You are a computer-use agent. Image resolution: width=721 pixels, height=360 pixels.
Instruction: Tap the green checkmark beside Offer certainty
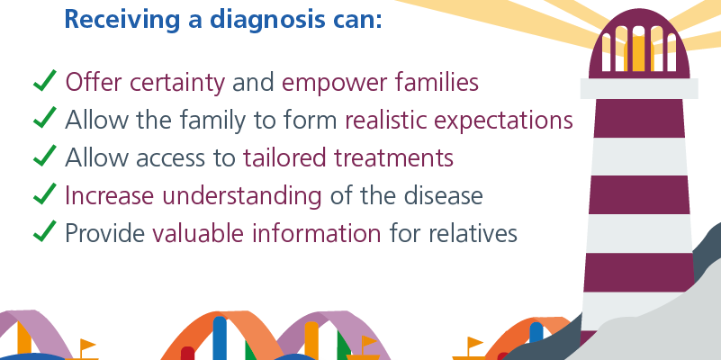tap(45, 80)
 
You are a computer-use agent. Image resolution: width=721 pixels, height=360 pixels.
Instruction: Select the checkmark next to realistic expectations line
tap(45, 118)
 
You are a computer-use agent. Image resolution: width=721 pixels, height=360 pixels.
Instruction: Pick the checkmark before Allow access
tap(45, 156)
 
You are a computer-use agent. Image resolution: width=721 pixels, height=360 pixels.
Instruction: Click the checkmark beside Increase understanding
tap(45, 193)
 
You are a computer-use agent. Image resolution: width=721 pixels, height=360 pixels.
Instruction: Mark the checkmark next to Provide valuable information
tap(45, 231)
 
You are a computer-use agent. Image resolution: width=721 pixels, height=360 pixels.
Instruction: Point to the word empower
tap(335, 84)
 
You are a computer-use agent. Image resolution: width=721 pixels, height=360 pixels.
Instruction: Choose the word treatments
tap(393, 158)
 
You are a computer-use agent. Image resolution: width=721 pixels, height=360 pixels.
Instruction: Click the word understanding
tap(242, 196)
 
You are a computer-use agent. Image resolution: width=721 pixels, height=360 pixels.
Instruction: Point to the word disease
tap(443, 196)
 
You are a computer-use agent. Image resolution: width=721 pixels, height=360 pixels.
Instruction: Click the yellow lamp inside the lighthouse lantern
tap(639, 53)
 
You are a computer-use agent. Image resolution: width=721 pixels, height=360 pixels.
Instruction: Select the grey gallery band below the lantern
tap(639, 88)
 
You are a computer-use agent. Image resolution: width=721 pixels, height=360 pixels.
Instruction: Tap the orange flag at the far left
tap(87, 345)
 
